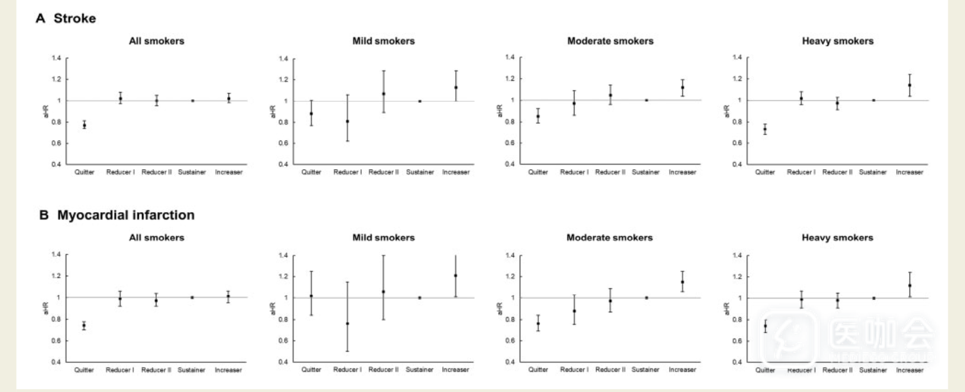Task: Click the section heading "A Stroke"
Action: (66, 18)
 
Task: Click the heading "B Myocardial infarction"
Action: (117, 215)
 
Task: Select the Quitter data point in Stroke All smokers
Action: (84, 125)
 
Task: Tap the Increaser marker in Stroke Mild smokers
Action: (456, 87)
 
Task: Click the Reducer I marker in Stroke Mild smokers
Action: (347, 121)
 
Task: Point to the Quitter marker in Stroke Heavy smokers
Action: (765, 129)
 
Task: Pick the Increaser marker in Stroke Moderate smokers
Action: (683, 87)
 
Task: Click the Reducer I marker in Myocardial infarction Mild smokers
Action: (347, 324)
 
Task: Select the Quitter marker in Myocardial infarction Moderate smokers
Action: (538, 324)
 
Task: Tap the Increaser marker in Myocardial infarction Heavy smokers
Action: (910, 285)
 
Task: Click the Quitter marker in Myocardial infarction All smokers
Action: (84, 326)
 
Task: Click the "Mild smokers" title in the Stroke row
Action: (383, 41)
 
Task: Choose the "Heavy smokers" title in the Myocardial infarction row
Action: (837, 237)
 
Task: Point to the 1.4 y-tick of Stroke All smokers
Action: (57, 58)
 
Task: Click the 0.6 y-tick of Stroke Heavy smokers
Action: (737, 143)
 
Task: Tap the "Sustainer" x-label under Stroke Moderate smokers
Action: (646, 172)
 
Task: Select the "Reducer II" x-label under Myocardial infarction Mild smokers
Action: (383, 370)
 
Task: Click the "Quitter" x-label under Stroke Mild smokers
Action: (311, 172)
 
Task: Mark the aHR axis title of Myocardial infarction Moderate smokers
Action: (499, 309)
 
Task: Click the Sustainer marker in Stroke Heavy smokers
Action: (874, 100)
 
